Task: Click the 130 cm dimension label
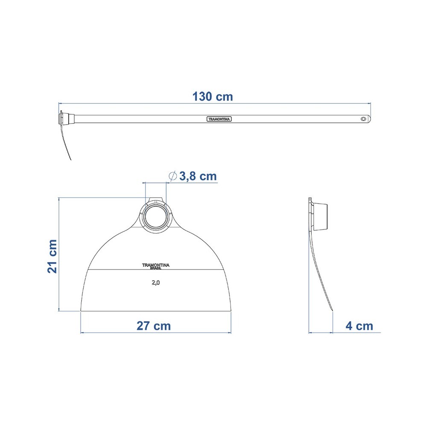[x=213, y=97]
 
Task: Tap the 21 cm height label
[x=52, y=256]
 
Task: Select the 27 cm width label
[x=154, y=326]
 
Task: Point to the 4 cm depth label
[x=359, y=326]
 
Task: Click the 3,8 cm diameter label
[x=198, y=176]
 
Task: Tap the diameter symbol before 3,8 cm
[x=173, y=176]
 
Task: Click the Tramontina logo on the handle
[x=219, y=119]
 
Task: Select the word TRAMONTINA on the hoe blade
[x=156, y=265]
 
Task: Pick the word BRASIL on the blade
[x=156, y=268]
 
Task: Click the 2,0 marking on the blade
[x=156, y=283]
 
